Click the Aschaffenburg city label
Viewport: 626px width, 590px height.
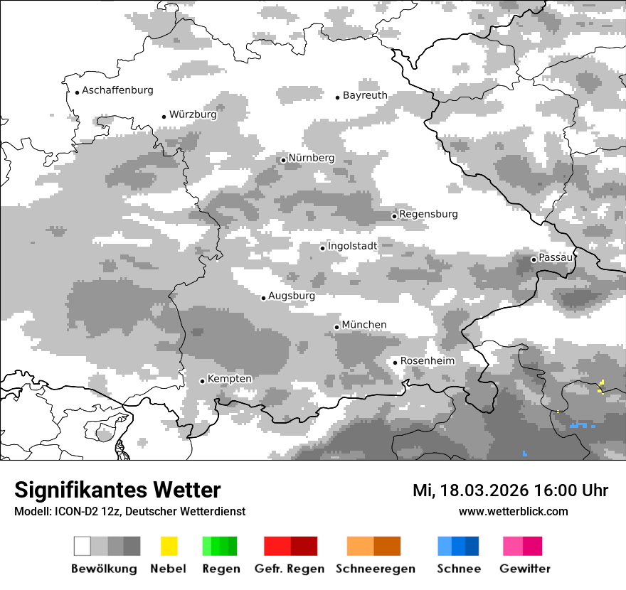[117, 90]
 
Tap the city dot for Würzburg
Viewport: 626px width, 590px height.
[164, 117]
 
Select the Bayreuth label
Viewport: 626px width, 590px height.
[365, 95]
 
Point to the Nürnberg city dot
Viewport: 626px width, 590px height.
[283, 160]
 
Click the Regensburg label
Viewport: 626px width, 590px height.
[428, 214]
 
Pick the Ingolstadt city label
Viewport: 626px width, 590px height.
[352, 246]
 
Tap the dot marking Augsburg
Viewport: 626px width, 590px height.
[263, 298]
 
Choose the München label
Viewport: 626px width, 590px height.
[364, 325]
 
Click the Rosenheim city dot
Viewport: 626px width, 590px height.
[396, 363]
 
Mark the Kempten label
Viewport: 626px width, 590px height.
[230, 379]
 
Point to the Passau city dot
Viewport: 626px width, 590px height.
[534, 259]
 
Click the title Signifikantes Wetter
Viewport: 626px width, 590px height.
[117, 490]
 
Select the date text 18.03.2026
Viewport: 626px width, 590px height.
[484, 490]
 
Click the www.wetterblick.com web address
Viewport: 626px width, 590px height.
[513, 511]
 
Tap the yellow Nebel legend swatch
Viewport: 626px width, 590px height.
[169, 546]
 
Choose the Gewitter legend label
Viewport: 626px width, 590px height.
[525, 569]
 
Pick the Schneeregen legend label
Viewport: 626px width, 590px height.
[376, 569]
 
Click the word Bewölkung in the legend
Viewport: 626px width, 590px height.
[104, 569]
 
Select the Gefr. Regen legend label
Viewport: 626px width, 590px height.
[290, 569]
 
